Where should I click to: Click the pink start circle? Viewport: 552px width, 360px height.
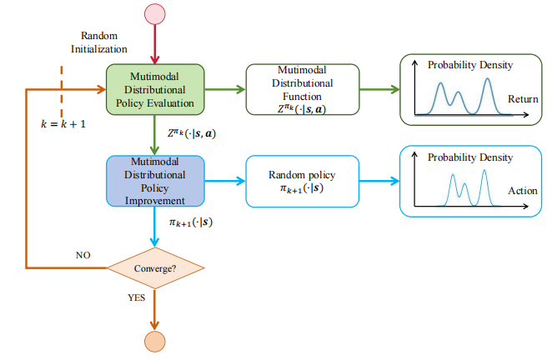tap(155, 14)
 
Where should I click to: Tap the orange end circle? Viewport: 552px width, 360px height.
tap(155, 342)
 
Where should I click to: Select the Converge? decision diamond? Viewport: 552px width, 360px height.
tap(155, 268)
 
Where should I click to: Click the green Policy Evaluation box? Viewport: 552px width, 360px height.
tap(155, 89)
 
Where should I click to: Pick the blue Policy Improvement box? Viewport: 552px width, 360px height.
tap(155, 181)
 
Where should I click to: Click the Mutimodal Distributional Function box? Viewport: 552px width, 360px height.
tap(303, 89)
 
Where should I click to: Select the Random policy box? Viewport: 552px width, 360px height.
tap(303, 181)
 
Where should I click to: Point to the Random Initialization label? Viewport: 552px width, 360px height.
tap(99, 42)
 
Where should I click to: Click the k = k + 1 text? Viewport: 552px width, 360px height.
tap(63, 124)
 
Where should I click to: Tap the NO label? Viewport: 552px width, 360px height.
tap(83, 255)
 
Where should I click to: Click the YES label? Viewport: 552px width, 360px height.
tap(136, 297)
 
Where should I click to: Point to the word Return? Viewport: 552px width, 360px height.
tap(523, 99)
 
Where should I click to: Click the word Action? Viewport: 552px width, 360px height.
tap(523, 191)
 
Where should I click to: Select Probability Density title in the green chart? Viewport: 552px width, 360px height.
tap(470, 66)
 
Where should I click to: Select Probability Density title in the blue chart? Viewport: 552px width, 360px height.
tap(470, 157)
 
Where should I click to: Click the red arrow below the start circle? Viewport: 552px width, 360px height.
tap(155, 44)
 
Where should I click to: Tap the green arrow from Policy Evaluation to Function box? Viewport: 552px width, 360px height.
tap(225, 89)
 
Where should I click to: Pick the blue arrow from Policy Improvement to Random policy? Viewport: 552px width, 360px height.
tap(225, 181)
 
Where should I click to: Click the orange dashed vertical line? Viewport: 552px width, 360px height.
tap(62, 92)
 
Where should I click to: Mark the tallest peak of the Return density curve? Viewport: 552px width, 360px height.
tap(487, 79)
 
